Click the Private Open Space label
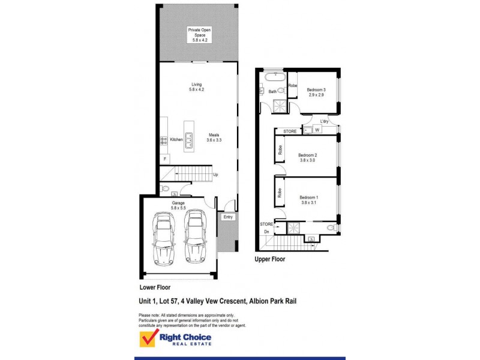(199, 35)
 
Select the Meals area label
(214, 137)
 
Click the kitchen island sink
(189, 140)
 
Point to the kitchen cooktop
(163, 140)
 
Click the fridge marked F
(164, 158)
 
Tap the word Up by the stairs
(215, 175)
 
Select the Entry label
(228, 217)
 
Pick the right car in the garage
(196, 236)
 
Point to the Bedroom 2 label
(308, 158)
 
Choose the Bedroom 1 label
(309, 200)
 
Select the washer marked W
(317, 130)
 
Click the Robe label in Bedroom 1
(280, 193)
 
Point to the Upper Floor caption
(270, 260)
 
